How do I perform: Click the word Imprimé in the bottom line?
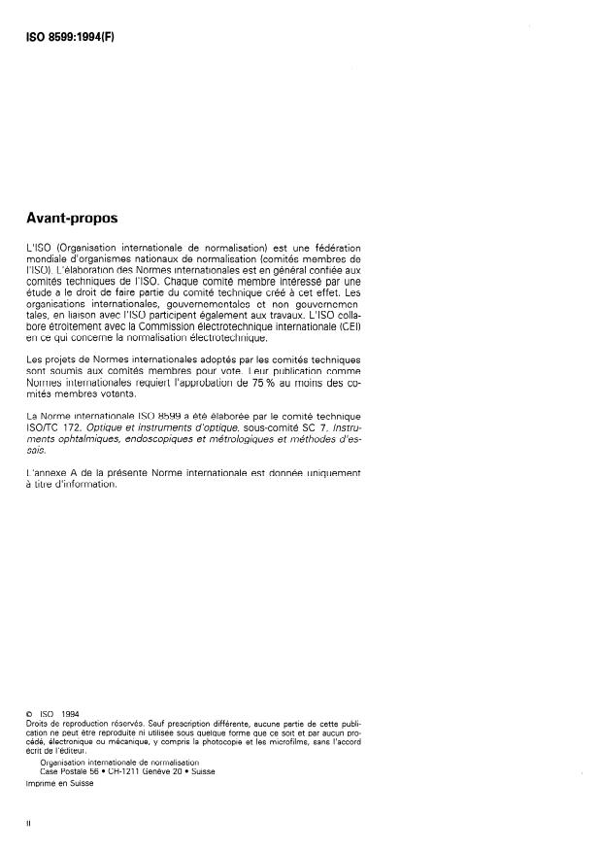click(x=40, y=783)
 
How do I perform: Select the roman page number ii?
click(x=28, y=824)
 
